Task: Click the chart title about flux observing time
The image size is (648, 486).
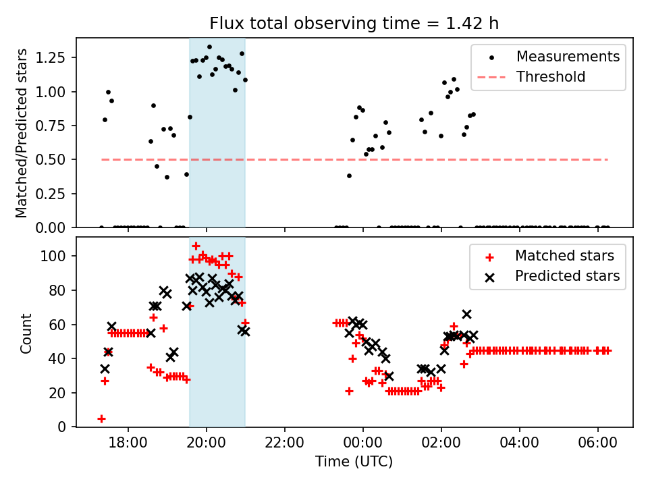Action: [x=354, y=24]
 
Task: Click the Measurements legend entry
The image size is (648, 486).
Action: [x=568, y=57]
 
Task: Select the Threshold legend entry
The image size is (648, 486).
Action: [x=551, y=77]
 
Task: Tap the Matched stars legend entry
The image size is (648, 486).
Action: [x=564, y=256]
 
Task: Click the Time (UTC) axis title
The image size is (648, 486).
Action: [x=354, y=462]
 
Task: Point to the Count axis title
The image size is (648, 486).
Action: [x=26, y=333]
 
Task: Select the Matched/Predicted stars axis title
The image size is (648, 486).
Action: [x=22, y=133]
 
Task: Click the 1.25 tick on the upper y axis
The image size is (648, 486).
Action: [x=53, y=57]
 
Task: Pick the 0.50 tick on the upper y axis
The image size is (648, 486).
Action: [x=53, y=160]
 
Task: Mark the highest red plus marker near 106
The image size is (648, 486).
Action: [x=196, y=246]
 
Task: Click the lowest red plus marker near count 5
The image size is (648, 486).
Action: [x=101, y=418]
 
